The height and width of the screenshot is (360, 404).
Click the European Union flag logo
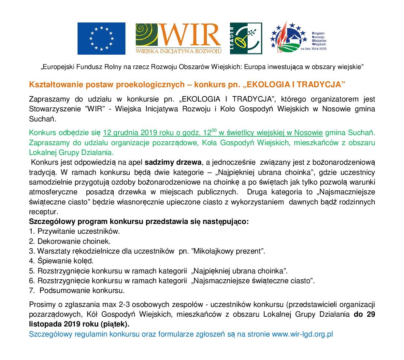tap(101, 38)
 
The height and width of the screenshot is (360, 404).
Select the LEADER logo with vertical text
tap(246, 38)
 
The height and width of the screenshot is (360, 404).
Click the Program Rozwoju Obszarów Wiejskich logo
tap(298, 38)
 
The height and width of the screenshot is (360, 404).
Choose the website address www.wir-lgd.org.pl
tap(302, 334)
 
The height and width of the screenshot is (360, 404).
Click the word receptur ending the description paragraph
tap(43, 212)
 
